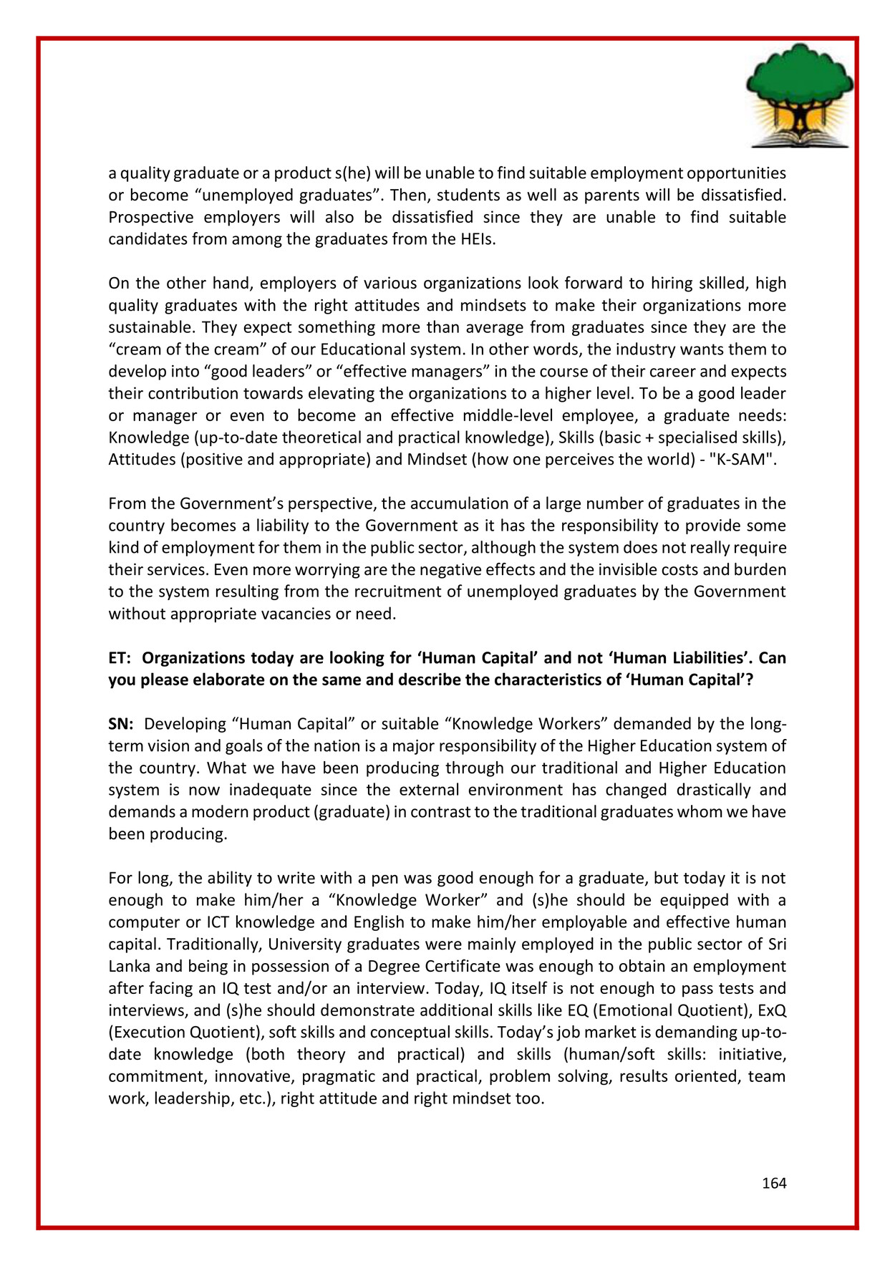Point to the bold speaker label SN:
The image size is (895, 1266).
121,724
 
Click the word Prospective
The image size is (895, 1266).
150,217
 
